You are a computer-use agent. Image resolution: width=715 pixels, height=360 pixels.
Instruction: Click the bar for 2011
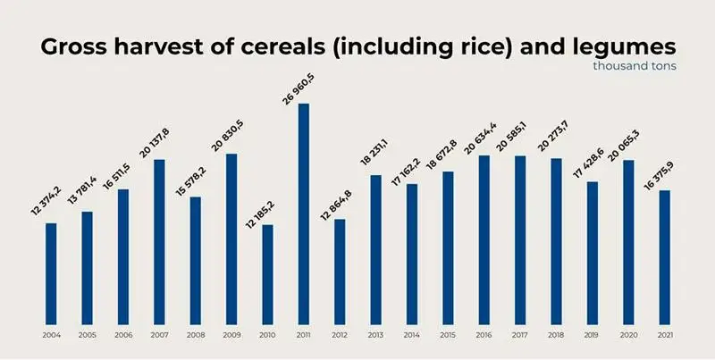pos(304,214)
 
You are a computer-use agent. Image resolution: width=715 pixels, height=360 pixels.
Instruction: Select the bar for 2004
pos(51,273)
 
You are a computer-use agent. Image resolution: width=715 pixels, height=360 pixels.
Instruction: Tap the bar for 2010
pos(267,274)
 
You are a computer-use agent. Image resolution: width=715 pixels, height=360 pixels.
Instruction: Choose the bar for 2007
pos(159,241)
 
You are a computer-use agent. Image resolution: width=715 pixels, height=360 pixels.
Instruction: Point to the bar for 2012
pos(340,272)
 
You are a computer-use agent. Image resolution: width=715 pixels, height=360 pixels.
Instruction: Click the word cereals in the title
pos(265,47)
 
